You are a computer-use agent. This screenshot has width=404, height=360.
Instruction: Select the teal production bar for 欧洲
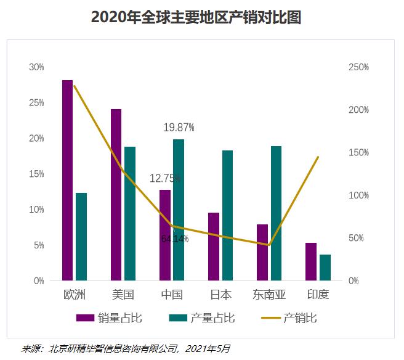[x=81, y=237]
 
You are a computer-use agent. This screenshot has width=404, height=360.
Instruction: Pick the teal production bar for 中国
[x=179, y=210]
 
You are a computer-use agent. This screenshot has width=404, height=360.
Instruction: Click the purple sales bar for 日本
[x=213, y=247]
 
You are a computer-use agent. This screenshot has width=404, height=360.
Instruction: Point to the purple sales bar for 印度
[x=311, y=261]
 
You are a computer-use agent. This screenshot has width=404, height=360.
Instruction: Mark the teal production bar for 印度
[x=325, y=268]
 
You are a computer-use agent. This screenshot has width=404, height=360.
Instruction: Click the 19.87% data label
[x=179, y=128]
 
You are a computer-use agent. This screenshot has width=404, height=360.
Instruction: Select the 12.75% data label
[x=165, y=178]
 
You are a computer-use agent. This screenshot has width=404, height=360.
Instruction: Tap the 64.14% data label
[x=175, y=239]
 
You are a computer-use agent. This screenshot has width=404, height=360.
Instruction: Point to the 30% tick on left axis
[x=36, y=67]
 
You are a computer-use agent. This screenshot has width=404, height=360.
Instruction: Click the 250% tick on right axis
[x=358, y=67]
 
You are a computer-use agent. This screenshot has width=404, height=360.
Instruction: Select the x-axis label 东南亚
[x=269, y=295]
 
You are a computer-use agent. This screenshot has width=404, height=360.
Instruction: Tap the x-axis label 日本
[x=220, y=295]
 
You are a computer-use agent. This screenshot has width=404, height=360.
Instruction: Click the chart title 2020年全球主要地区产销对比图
[x=196, y=17]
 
